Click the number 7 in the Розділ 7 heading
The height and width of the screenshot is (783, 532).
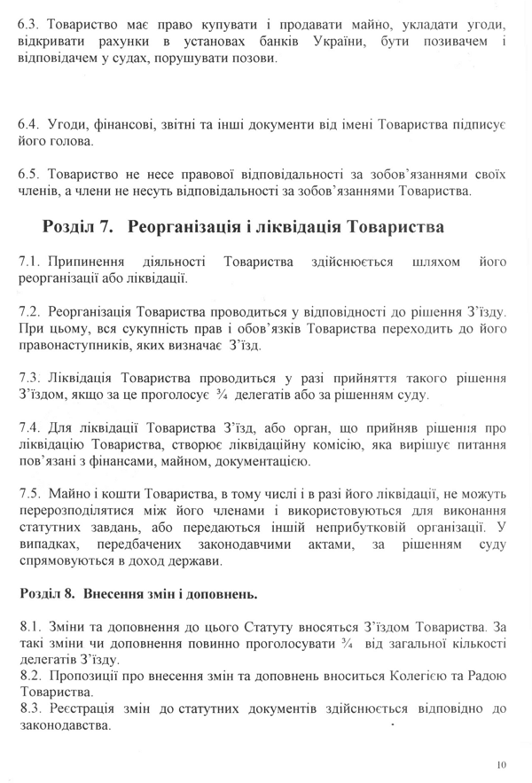107,226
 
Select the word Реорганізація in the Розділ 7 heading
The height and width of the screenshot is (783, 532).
186,226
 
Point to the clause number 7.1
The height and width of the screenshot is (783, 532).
28,262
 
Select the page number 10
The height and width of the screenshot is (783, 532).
503,763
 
